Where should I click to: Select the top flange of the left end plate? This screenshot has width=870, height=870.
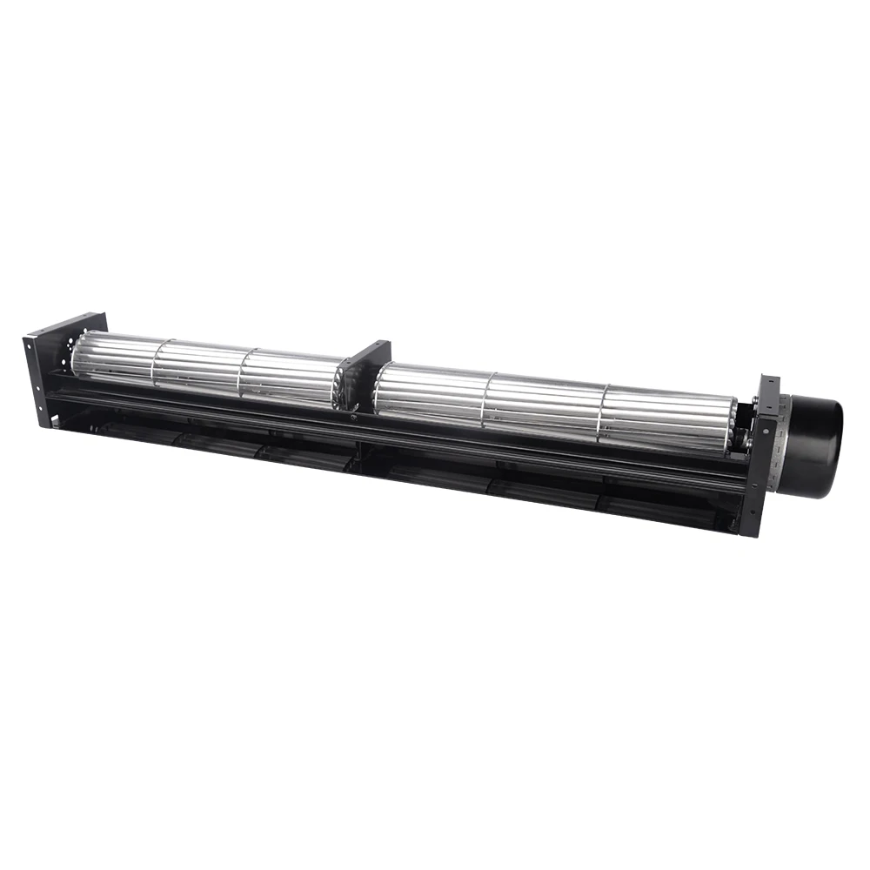65,325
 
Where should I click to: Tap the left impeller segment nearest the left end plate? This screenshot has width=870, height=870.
113,361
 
